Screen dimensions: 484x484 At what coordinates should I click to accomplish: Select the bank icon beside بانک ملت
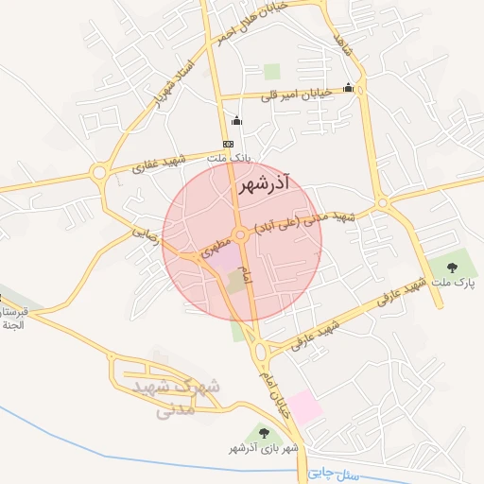(227, 143)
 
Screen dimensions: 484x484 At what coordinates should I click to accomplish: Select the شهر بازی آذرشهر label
(263, 447)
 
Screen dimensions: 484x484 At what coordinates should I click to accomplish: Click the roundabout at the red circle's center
(242, 234)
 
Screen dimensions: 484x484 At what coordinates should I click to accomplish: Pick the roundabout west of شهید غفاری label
(98, 173)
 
